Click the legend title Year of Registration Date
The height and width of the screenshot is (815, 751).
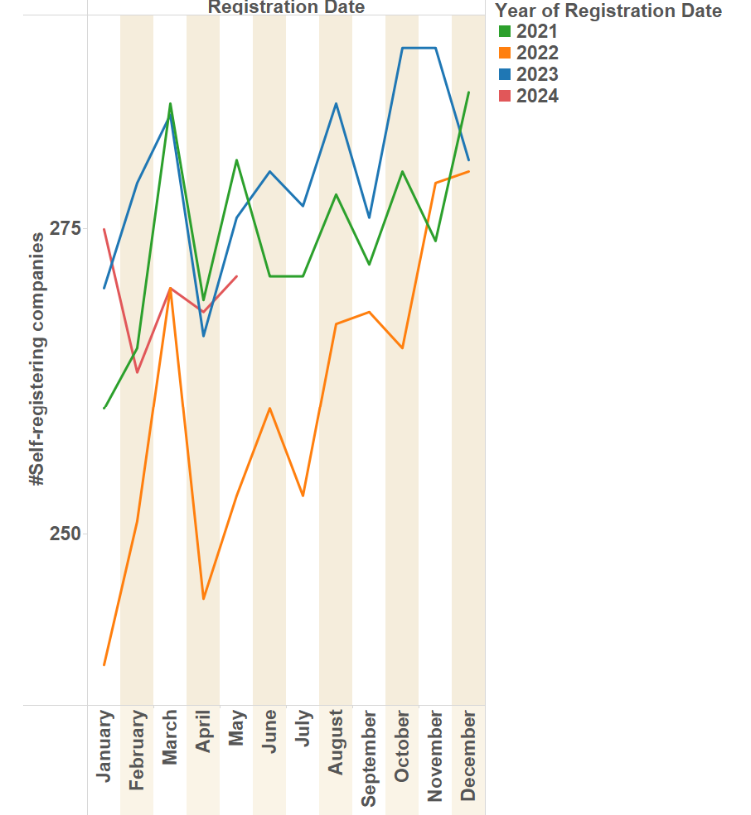pyautogui.click(x=608, y=11)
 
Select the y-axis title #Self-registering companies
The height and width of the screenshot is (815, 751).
pyautogui.click(x=38, y=360)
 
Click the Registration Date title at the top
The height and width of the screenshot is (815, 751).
pyautogui.click(x=286, y=7)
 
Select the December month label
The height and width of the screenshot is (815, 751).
pyautogui.click(x=468, y=755)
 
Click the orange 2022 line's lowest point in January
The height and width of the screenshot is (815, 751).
pyautogui.click(x=104, y=665)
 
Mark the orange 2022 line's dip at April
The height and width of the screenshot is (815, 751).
pyautogui.click(x=203, y=599)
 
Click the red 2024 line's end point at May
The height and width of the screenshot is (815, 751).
pyautogui.click(x=237, y=276)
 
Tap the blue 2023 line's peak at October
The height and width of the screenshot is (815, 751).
pyautogui.click(x=402, y=48)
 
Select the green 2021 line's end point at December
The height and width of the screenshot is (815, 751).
pyautogui.click(x=468, y=92)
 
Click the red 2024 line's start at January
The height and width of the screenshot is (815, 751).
pyautogui.click(x=104, y=229)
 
